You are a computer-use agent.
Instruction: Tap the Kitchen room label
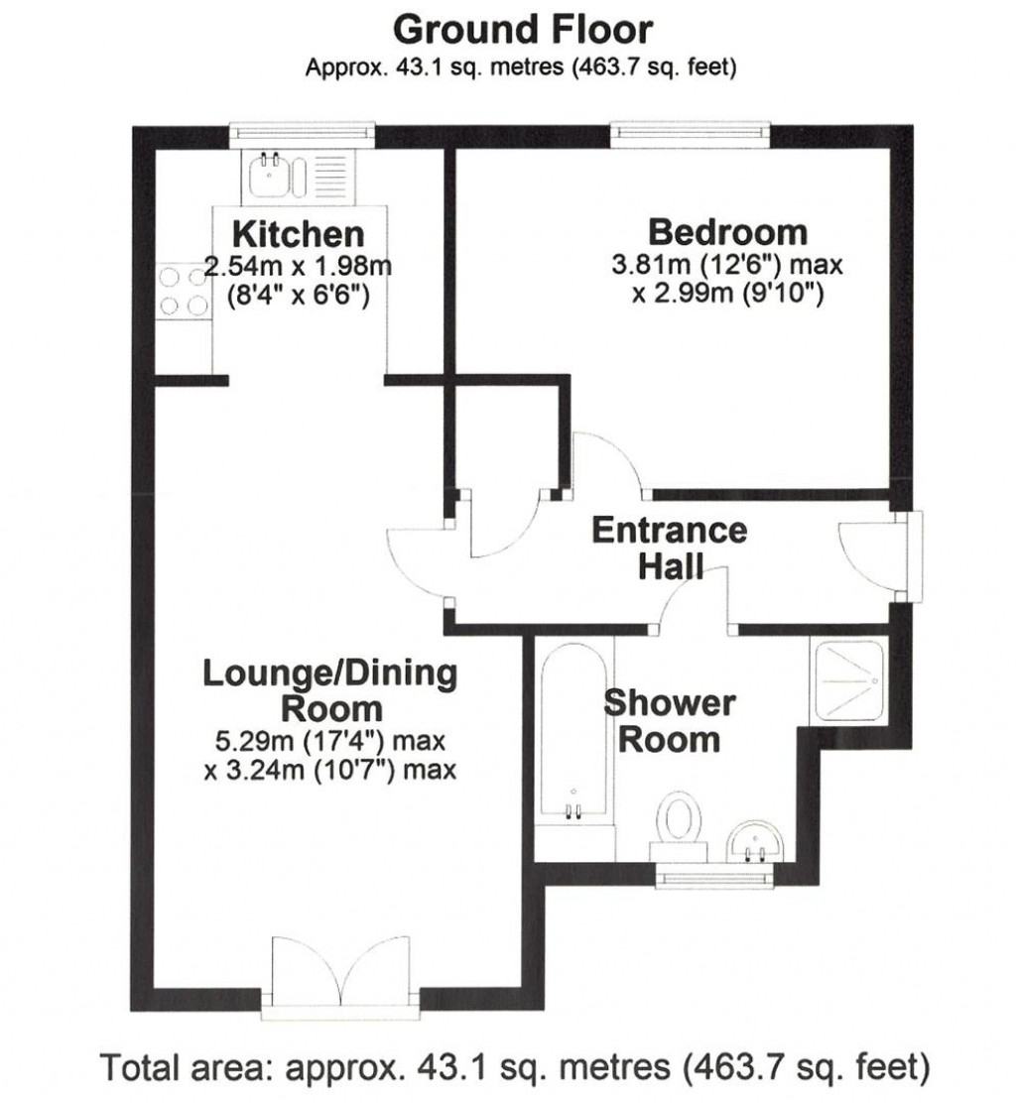[x=298, y=235]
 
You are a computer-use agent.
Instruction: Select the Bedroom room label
[x=727, y=233]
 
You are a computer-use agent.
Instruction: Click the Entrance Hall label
[x=669, y=547]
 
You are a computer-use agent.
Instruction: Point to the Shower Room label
[x=670, y=721]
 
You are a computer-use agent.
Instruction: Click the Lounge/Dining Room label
[x=330, y=690]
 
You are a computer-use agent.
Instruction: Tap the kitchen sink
[x=269, y=179]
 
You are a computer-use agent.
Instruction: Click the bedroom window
[x=690, y=129]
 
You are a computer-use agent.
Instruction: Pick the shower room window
[x=714, y=873]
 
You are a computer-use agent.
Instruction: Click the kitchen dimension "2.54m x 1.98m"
[x=298, y=266]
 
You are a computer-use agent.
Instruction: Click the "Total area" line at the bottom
[x=516, y=1068]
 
